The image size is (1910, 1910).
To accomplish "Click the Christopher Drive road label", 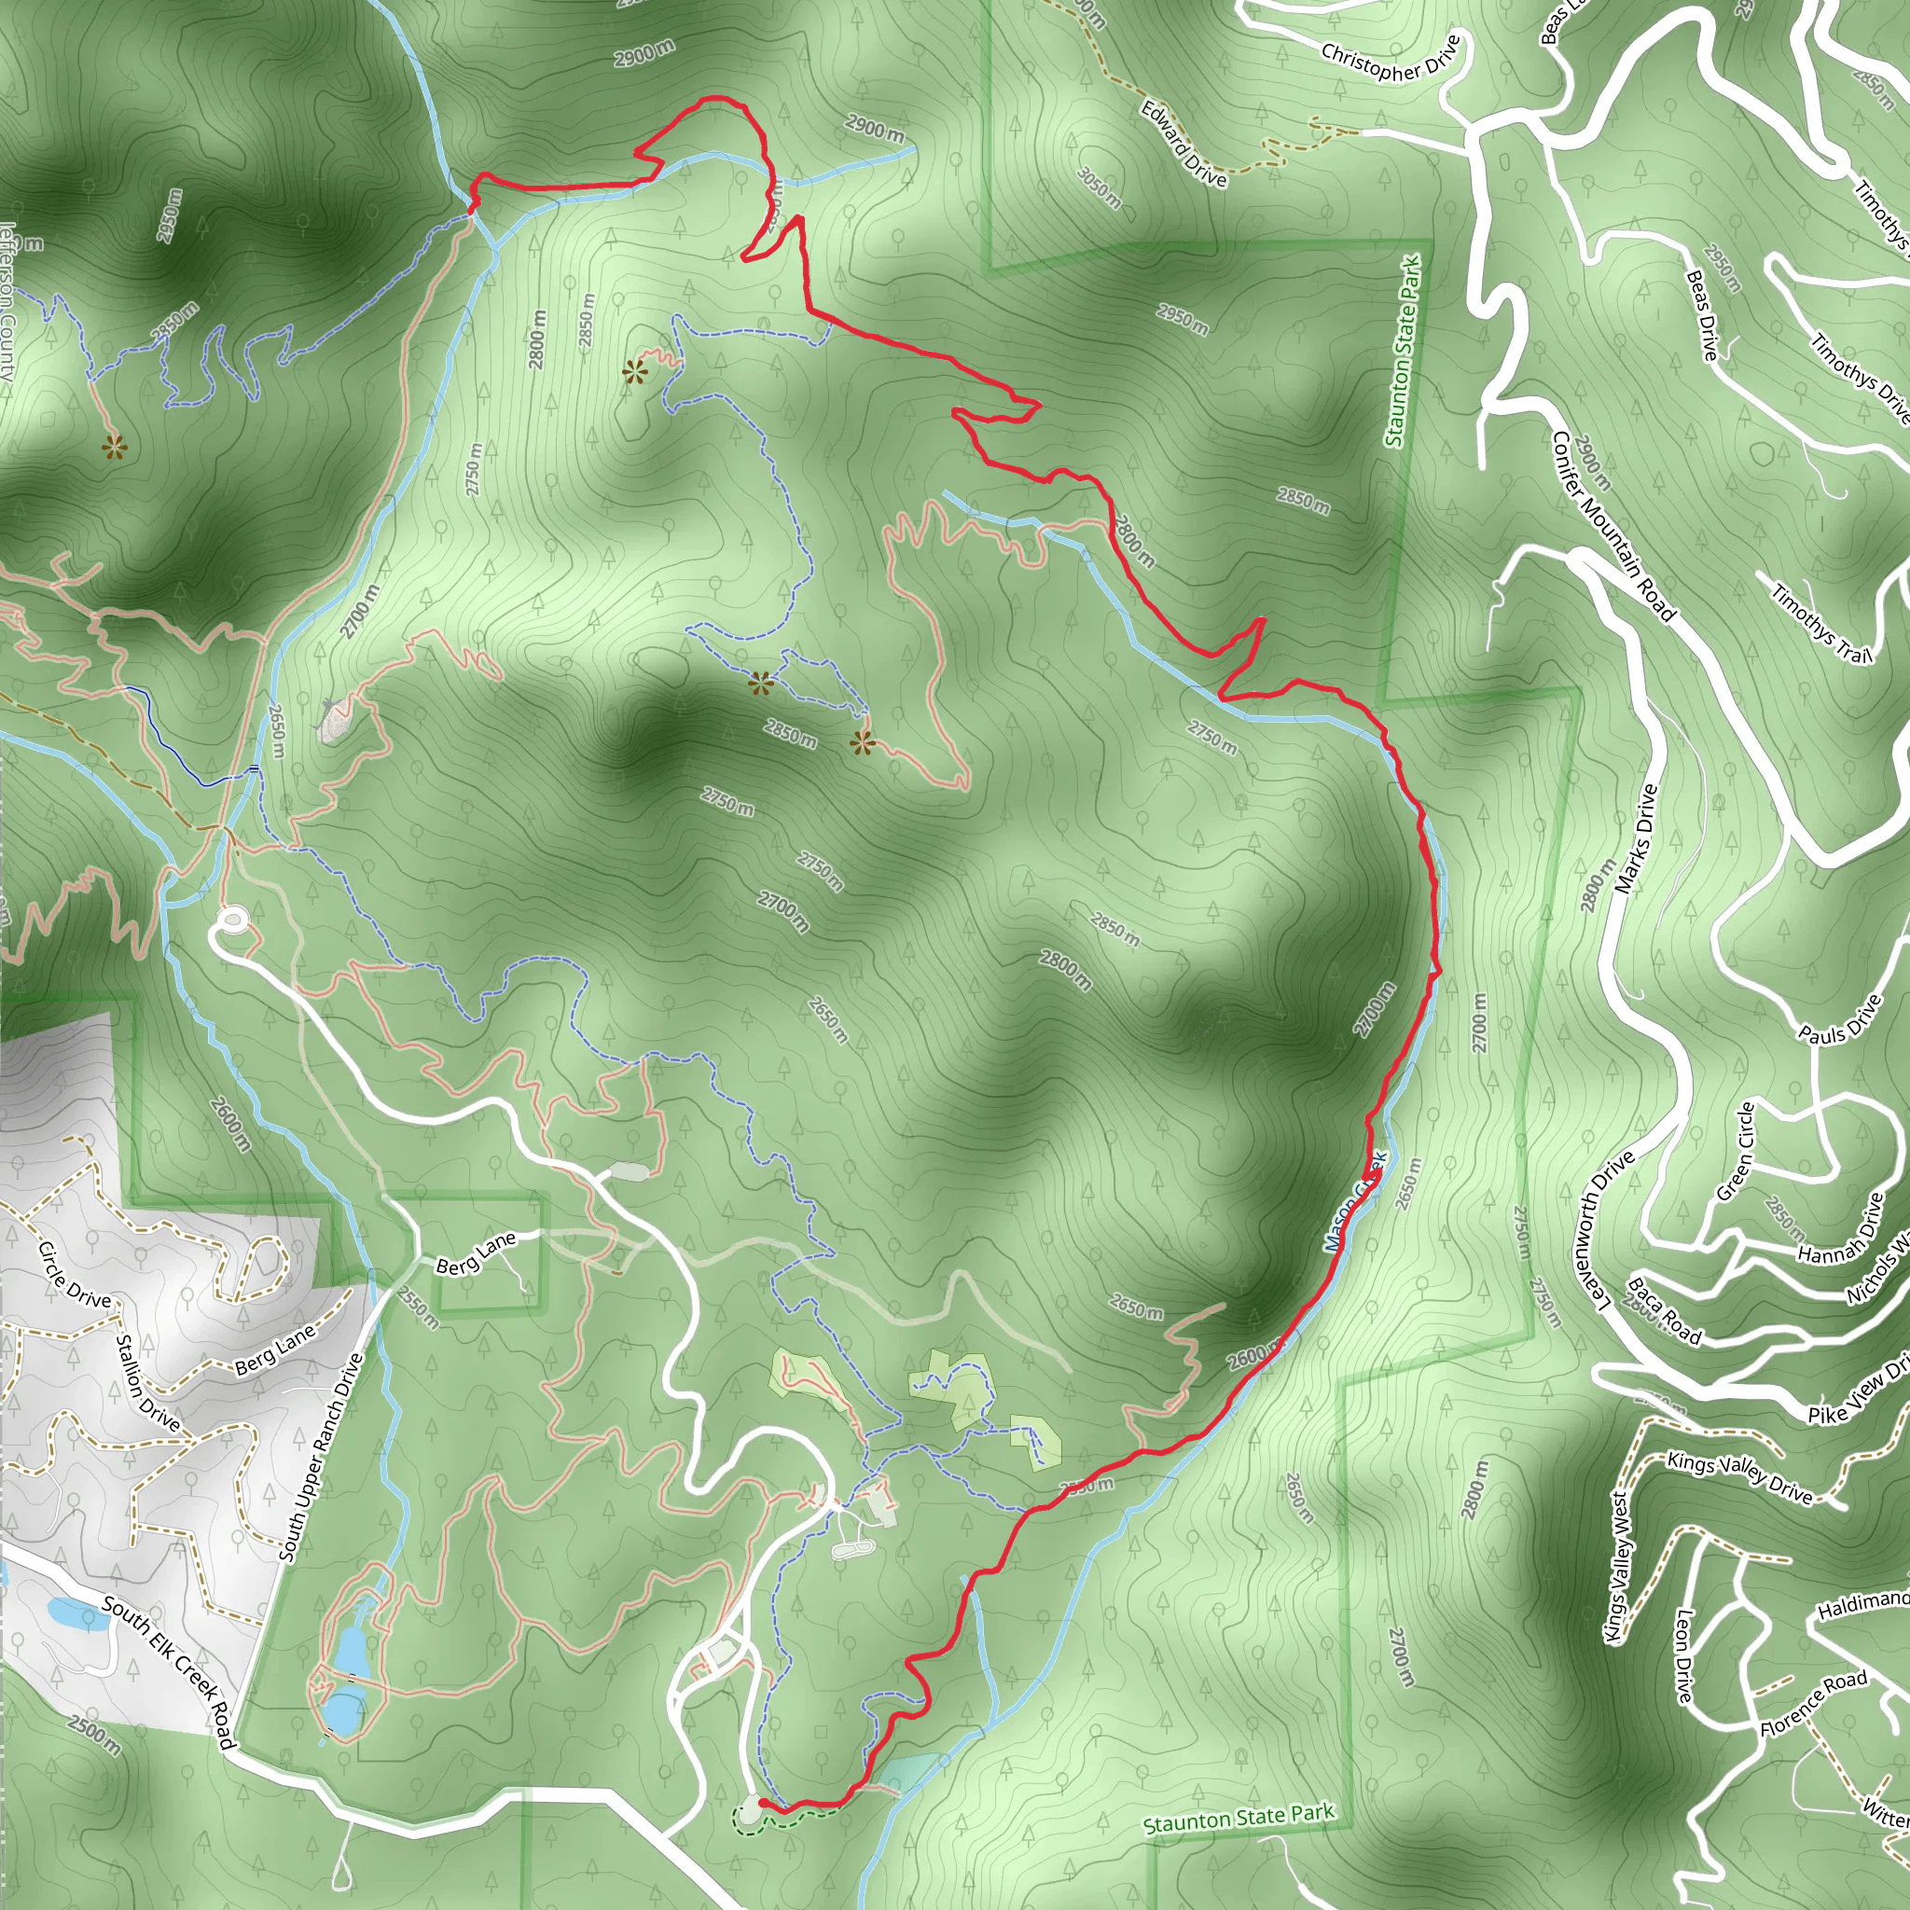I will click(1390, 61).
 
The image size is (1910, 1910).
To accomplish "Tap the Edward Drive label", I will click(1183, 144).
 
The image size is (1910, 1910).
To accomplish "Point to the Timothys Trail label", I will click(1821, 625).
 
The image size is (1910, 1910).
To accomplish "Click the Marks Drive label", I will click(1635, 839).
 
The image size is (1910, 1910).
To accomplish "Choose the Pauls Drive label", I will click(1839, 1020).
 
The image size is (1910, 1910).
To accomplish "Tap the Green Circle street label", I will click(1735, 1151).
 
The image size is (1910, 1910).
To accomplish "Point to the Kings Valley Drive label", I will click(1739, 1477).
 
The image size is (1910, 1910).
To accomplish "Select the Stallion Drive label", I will click(148, 1383).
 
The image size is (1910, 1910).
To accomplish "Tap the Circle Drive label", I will click(75, 1273).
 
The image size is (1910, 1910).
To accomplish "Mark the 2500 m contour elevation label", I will click(95, 1735).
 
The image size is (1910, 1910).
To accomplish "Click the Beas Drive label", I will click(1701, 315).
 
